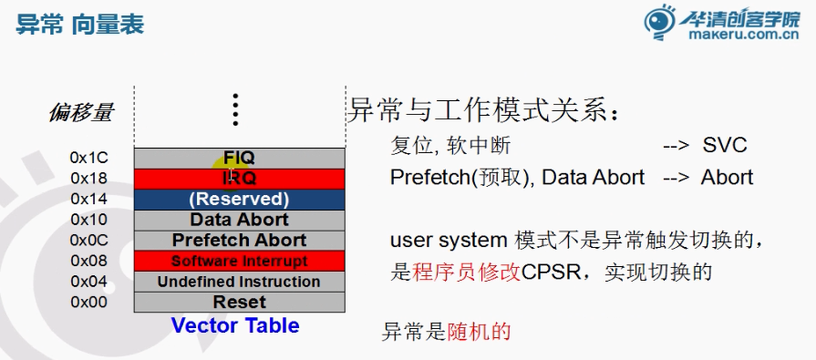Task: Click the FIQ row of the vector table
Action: (240, 157)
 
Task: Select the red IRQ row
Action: (240, 178)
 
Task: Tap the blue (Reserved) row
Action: (240, 199)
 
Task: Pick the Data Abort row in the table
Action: (240, 220)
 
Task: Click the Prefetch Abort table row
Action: (240, 241)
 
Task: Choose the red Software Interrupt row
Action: (240, 262)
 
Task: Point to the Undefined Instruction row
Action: (240, 282)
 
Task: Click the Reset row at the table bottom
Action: (240, 302)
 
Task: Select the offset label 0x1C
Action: (89, 157)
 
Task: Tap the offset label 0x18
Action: (89, 178)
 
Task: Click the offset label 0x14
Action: (89, 199)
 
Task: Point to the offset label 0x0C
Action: (89, 241)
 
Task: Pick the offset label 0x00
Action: (89, 302)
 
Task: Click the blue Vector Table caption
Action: (235, 325)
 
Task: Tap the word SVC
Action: (726, 146)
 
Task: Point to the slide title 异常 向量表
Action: (80, 24)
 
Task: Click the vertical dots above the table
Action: (235, 109)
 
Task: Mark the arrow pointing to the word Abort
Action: (676, 178)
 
